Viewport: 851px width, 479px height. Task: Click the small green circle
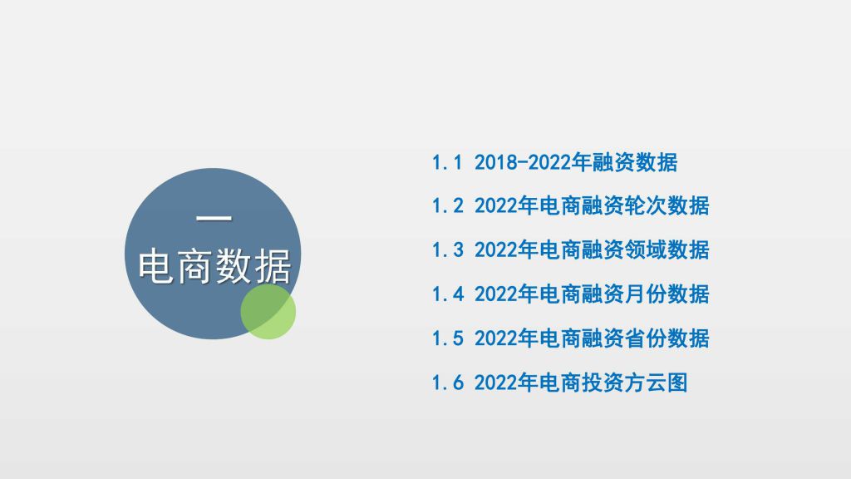(268, 312)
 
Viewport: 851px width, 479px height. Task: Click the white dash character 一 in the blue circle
(214, 219)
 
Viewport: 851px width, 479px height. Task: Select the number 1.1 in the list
(447, 162)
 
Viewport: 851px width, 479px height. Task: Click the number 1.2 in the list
(447, 206)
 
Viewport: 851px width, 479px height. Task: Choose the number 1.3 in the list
(447, 249)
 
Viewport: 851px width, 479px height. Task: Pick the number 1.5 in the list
(447, 338)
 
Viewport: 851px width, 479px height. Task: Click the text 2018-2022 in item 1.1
(522, 162)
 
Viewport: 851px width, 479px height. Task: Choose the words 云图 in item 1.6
(667, 383)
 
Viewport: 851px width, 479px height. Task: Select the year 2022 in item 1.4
(496, 294)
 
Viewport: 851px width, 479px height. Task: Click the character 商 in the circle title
(194, 266)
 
